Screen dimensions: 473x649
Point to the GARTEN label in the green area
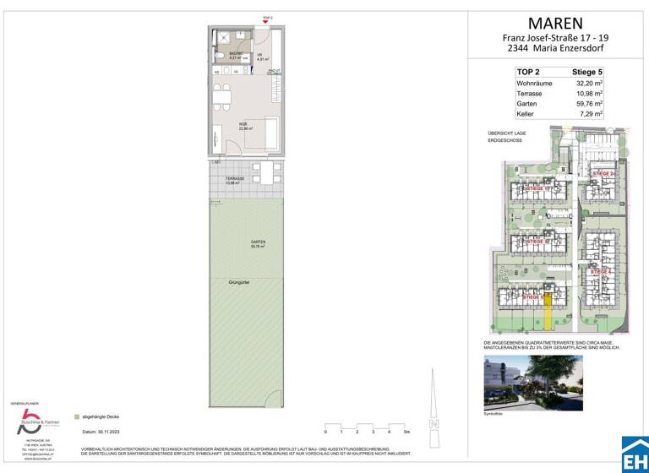click(x=258, y=243)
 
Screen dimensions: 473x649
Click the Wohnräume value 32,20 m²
click(x=589, y=84)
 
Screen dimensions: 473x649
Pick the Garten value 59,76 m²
click(x=589, y=104)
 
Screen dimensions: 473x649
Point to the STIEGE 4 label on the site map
click(x=602, y=271)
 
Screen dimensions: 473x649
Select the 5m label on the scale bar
click(x=407, y=431)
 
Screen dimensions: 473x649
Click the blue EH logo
click(x=635, y=454)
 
